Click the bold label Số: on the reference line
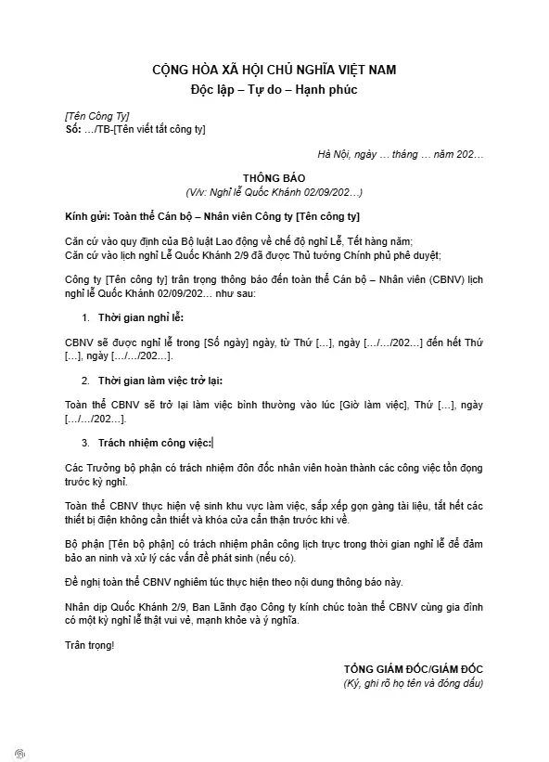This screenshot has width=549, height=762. click(x=74, y=129)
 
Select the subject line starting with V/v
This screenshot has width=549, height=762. click(x=274, y=192)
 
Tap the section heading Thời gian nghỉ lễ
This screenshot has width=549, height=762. click(x=141, y=318)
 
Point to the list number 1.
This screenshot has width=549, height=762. click(x=85, y=318)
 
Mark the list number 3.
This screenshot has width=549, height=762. click(x=85, y=443)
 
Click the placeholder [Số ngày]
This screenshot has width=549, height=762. click(x=222, y=342)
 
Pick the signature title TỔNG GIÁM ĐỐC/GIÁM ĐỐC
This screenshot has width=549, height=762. click(x=413, y=669)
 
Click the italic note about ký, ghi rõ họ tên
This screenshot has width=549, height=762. click(x=413, y=684)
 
